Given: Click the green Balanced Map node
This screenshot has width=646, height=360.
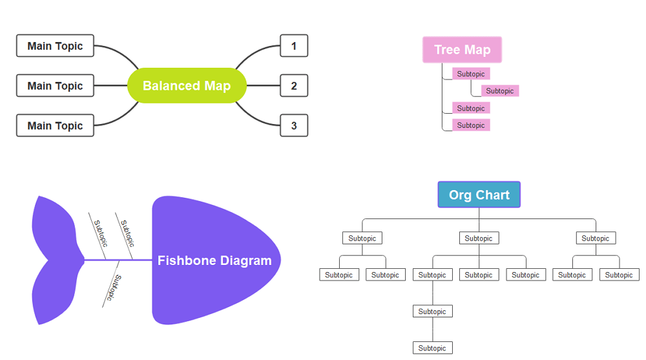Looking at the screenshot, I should click(x=187, y=85).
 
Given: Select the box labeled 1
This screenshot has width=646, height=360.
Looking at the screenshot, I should click(x=294, y=46).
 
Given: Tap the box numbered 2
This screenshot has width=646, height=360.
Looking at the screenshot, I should click(x=294, y=85).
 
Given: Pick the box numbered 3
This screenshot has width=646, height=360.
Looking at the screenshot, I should click(x=294, y=125).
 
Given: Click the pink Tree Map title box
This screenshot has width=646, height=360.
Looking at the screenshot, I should click(x=462, y=50).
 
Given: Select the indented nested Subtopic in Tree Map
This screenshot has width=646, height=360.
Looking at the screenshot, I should click(x=500, y=91).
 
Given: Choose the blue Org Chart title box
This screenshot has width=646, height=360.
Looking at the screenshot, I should click(x=479, y=195).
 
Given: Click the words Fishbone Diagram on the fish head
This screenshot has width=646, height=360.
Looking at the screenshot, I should click(x=214, y=260).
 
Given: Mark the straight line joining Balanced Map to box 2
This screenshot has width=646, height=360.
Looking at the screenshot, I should click(x=263, y=85).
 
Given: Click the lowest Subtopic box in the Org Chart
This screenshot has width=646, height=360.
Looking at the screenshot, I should click(x=432, y=348).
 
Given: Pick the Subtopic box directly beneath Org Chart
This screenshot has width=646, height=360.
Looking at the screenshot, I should click(x=479, y=238).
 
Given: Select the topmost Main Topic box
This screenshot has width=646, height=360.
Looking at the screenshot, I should click(x=55, y=46).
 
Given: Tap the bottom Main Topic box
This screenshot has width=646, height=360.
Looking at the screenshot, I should click(x=55, y=125).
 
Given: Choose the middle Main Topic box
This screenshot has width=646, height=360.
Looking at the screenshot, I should click(x=55, y=85).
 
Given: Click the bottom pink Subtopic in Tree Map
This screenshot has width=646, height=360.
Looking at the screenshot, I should click(x=471, y=125).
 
